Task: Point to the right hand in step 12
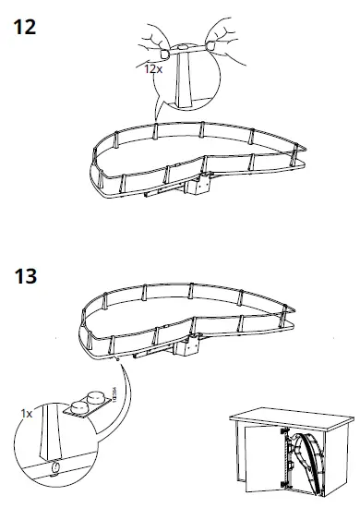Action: pyautogui.click(x=220, y=37)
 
